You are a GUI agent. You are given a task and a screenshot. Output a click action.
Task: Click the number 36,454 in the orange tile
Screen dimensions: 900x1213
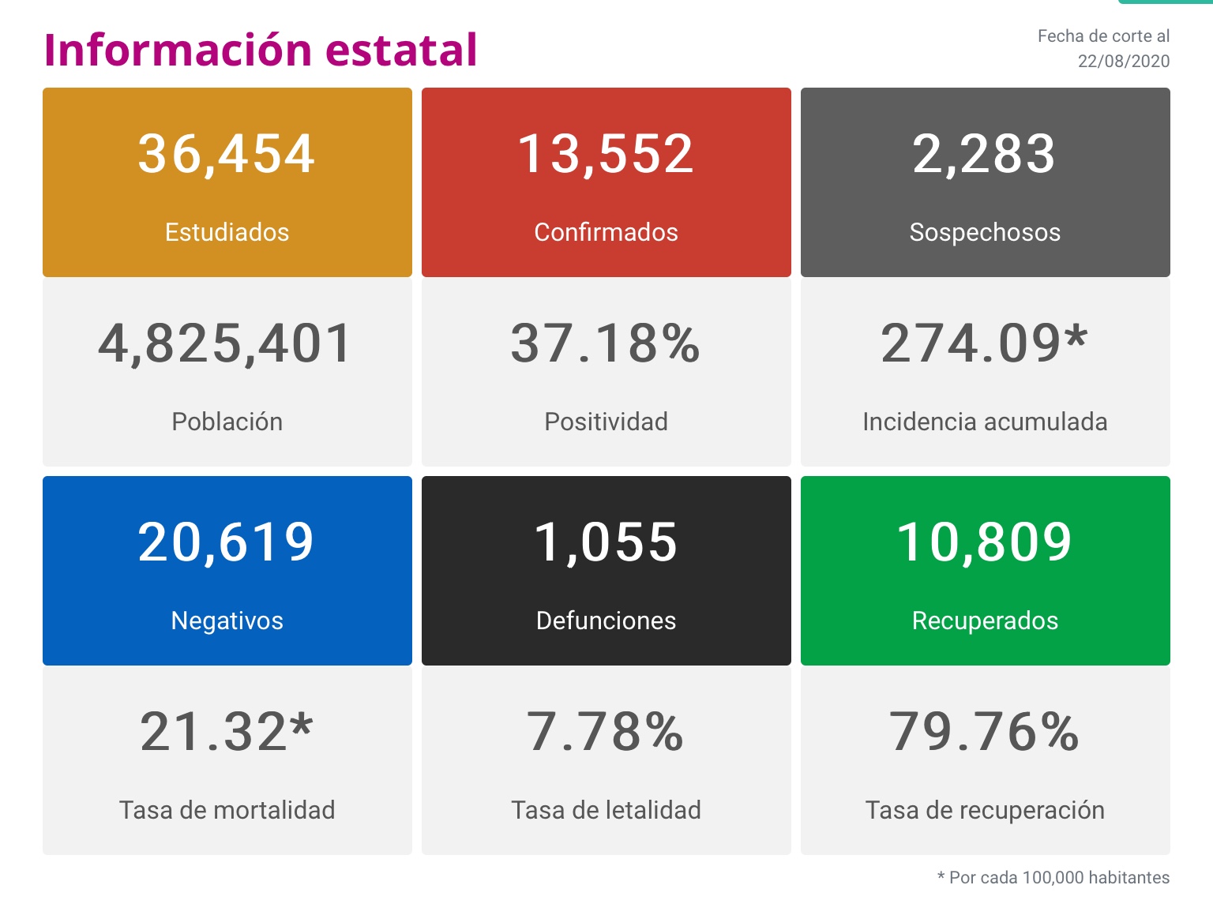[x=227, y=153]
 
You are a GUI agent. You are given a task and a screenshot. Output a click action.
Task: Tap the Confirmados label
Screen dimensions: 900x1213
[x=606, y=232]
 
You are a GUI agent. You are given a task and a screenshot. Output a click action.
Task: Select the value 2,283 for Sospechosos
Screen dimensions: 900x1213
[x=984, y=153]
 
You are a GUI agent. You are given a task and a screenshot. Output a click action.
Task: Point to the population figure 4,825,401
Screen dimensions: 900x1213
[x=226, y=343]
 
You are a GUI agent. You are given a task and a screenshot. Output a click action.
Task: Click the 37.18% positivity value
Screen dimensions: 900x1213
[x=606, y=343]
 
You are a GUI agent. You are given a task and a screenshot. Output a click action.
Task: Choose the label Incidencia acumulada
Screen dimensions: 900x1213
[x=985, y=422]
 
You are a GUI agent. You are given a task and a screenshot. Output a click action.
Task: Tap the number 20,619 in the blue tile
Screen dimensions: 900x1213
[x=227, y=542]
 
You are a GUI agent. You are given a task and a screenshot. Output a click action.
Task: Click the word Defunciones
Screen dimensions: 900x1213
[x=606, y=621]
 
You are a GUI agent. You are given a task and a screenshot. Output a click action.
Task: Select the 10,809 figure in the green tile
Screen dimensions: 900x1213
[x=985, y=542]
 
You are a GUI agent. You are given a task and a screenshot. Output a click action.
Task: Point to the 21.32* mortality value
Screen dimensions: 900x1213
[x=227, y=732]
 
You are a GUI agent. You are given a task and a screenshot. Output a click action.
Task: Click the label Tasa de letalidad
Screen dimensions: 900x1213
[x=606, y=810]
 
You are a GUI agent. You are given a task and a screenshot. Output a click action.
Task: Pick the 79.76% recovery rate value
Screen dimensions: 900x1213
[x=985, y=732]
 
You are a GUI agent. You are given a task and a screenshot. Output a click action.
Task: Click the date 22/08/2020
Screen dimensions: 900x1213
[x=1123, y=62]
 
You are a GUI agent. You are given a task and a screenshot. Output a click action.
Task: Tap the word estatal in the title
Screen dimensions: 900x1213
[x=401, y=50]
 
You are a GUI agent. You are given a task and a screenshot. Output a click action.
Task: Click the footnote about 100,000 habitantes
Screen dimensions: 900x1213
[x=1053, y=877]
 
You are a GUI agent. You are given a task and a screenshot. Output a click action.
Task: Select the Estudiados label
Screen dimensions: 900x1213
[x=227, y=232]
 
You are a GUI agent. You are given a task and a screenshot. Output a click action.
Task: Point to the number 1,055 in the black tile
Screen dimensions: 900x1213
[x=606, y=542]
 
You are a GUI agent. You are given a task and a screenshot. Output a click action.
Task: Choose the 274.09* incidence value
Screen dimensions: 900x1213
[x=985, y=343]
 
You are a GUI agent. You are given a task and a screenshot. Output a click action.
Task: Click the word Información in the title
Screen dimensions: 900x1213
[x=178, y=50]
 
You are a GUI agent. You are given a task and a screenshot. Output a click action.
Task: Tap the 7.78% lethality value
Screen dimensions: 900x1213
[x=606, y=732]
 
